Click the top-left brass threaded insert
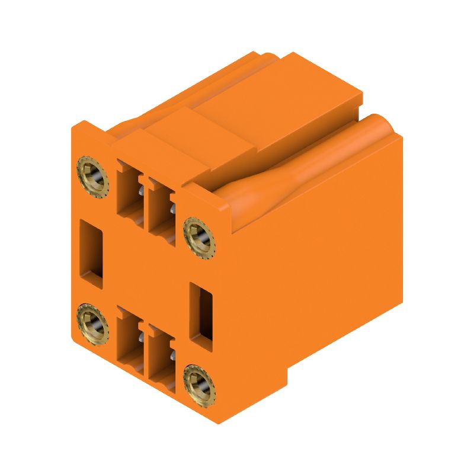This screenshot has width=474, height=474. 92,176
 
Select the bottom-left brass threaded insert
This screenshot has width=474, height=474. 91,324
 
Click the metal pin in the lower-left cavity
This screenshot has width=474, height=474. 141,338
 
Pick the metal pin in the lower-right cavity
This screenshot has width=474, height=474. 172,355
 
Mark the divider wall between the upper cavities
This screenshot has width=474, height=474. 145,201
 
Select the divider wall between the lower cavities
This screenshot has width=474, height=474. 145,350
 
